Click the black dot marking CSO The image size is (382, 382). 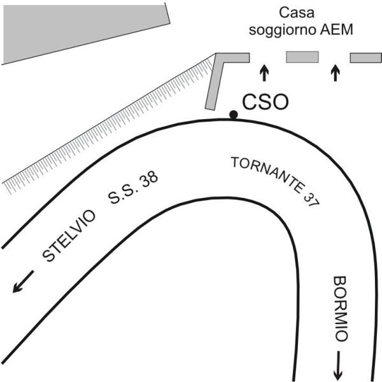[234, 115]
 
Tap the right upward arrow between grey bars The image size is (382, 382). [336, 72]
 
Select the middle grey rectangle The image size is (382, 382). [302, 58]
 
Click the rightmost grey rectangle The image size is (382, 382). [365, 58]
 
